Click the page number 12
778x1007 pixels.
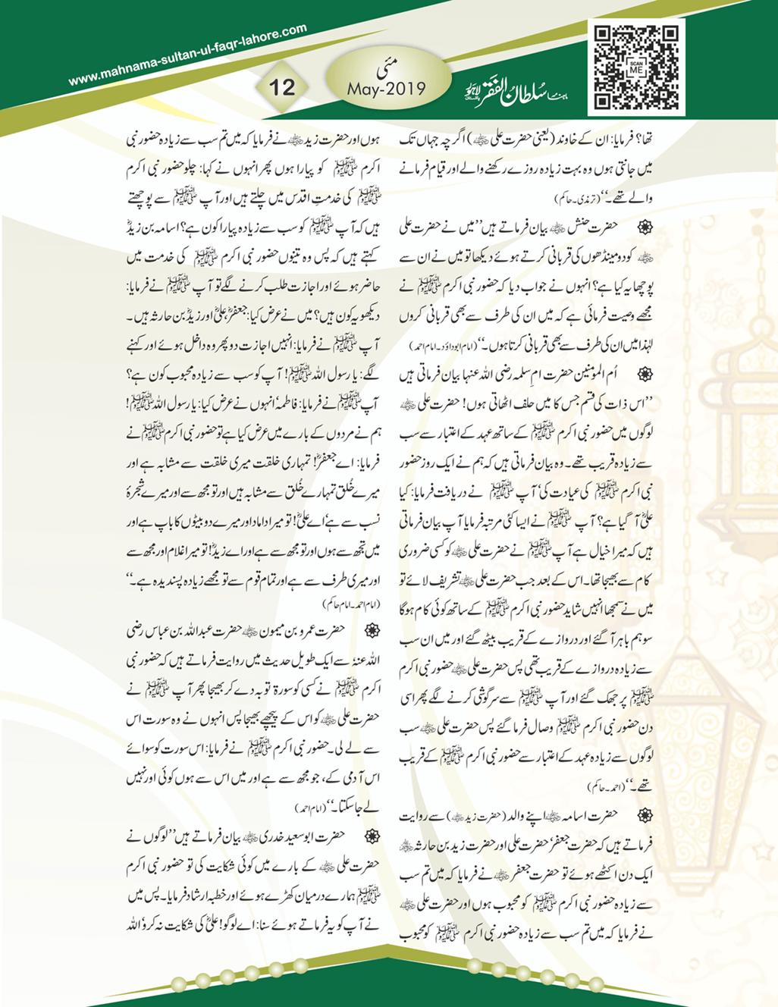281,86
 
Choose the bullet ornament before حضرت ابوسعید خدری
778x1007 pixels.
372,836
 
